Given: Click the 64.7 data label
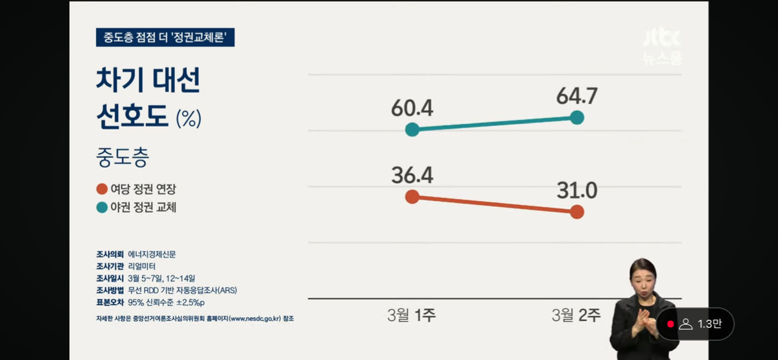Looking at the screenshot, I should pos(576,97).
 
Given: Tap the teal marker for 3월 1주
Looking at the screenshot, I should pos(412,130).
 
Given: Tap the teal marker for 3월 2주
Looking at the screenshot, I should pos(577,117).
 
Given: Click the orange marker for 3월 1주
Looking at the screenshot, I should pos(412,197).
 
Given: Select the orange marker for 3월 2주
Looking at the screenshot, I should pos(577,212).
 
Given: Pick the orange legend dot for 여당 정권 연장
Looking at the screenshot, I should pos(102,189).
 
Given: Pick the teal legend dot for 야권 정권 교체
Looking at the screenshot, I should pos(102,208).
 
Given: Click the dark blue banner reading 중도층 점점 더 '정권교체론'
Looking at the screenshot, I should pos(165,38).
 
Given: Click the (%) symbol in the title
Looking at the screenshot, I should pos(189,119).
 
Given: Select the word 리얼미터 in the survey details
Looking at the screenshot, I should pos(142,266).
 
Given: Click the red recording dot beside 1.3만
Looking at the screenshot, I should pos(670,324).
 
